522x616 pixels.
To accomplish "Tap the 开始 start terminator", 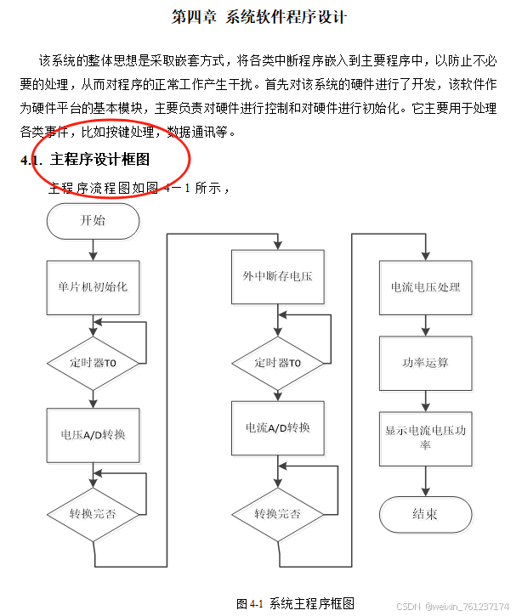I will [94, 221].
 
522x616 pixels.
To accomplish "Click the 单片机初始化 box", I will [93, 287].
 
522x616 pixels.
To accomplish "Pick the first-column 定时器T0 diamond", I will [93, 362].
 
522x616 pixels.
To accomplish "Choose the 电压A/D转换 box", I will [93, 434].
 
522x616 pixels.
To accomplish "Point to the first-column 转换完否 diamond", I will [93, 513].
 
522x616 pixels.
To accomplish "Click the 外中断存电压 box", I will [277, 277].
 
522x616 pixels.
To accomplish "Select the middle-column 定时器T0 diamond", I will [277, 362].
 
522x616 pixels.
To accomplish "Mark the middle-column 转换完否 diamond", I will [277, 513].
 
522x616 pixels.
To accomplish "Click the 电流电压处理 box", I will [425, 287].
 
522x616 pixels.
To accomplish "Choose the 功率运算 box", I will [425, 363].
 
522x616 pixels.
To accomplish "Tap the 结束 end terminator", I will [425, 513].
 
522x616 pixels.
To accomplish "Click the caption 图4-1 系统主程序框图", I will [294, 602].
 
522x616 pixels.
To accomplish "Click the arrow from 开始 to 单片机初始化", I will [94, 249].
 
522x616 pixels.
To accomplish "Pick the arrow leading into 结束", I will [425, 481].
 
